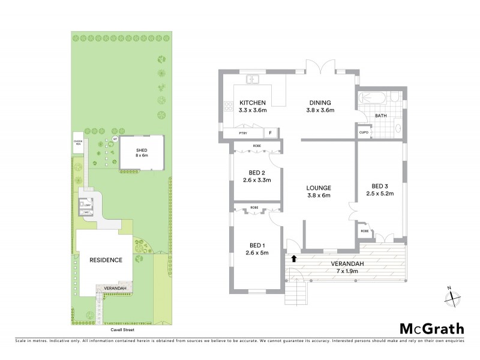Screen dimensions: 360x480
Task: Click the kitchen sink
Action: (253, 79)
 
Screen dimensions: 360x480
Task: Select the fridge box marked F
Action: (271, 133)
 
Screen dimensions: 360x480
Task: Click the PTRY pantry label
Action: (243, 133)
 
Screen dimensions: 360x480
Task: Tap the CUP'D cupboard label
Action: (363, 132)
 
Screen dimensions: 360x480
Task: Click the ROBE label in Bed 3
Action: (364, 230)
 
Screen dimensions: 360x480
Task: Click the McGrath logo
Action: (432, 328)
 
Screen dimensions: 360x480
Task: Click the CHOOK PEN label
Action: (78, 142)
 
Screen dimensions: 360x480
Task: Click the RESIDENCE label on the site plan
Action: (106, 260)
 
